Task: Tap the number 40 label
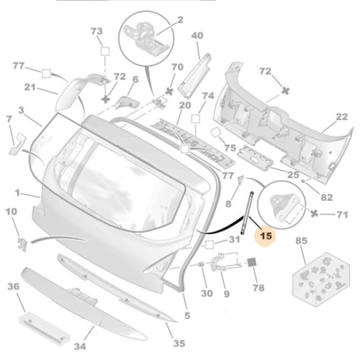click(x=197, y=35)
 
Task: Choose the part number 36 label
click(x=13, y=287)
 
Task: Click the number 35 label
click(x=179, y=343)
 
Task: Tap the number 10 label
click(x=12, y=212)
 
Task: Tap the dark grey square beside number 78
click(x=253, y=263)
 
